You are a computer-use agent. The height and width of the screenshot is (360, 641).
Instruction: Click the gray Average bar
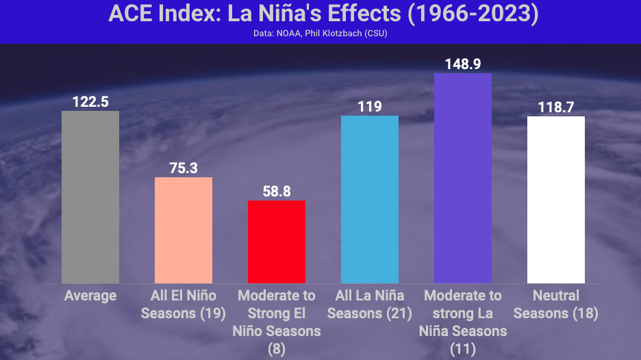(90, 197)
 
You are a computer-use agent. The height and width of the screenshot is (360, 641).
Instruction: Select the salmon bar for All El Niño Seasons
(184, 230)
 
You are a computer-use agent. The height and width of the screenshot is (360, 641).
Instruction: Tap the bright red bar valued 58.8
(277, 242)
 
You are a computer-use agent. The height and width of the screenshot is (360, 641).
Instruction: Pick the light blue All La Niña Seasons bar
(370, 199)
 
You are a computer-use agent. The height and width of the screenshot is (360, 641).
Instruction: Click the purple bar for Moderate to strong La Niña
(463, 178)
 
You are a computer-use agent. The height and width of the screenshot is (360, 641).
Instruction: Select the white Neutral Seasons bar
(556, 200)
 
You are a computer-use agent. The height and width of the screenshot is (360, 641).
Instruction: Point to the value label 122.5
(90, 102)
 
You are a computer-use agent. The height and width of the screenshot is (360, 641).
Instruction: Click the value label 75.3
(184, 168)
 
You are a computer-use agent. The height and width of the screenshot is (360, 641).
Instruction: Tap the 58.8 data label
(277, 192)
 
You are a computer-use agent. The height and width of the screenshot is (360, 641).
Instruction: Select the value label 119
(370, 107)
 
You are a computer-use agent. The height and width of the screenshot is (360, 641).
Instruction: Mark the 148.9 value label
(463, 64)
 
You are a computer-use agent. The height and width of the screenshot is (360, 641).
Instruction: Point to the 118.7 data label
(556, 107)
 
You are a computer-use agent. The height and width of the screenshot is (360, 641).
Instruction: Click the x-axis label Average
(90, 296)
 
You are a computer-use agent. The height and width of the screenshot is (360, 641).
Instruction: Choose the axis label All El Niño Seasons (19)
(184, 305)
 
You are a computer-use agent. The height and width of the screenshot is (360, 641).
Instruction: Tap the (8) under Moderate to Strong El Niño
(277, 349)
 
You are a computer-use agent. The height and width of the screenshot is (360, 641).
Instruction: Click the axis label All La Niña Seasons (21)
(370, 305)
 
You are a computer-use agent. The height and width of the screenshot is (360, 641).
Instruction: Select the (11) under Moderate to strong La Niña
(463, 349)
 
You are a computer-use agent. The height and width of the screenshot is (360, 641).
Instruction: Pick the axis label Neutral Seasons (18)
(556, 305)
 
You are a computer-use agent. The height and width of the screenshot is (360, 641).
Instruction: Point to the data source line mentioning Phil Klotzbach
(320, 34)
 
